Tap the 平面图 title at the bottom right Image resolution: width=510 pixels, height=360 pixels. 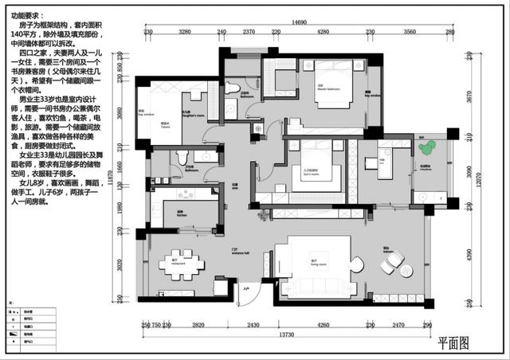[453, 343]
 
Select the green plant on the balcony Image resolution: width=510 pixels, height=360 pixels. [427, 147]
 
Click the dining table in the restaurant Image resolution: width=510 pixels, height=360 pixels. [182, 266]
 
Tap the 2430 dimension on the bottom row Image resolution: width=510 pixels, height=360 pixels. [253, 325]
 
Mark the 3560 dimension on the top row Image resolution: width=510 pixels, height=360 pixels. [409, 33]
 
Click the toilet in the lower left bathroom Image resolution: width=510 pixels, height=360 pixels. [182, 156]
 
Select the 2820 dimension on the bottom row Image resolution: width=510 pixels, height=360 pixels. [198, 325]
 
